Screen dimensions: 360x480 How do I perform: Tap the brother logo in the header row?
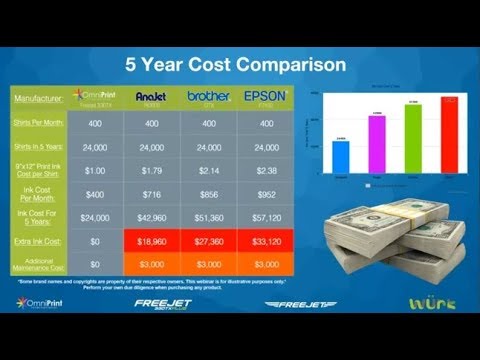[208, 97]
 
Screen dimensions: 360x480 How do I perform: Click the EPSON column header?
[265, 97]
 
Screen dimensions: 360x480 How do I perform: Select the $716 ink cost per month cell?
[151, 190]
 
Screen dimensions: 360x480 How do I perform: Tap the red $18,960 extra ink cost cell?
[151, 241]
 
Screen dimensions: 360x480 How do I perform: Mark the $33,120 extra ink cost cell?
[265, 241]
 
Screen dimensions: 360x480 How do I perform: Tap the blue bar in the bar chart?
[341, 156]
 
